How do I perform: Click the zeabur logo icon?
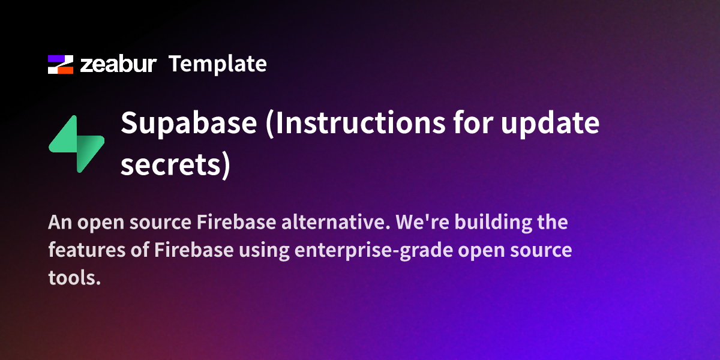[60, 64]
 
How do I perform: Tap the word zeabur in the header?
[118, 64]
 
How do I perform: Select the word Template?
[217, 64]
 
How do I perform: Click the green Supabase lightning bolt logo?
[76, 143]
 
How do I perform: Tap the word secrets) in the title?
[175, 163]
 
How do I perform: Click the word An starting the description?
[59, 223]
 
